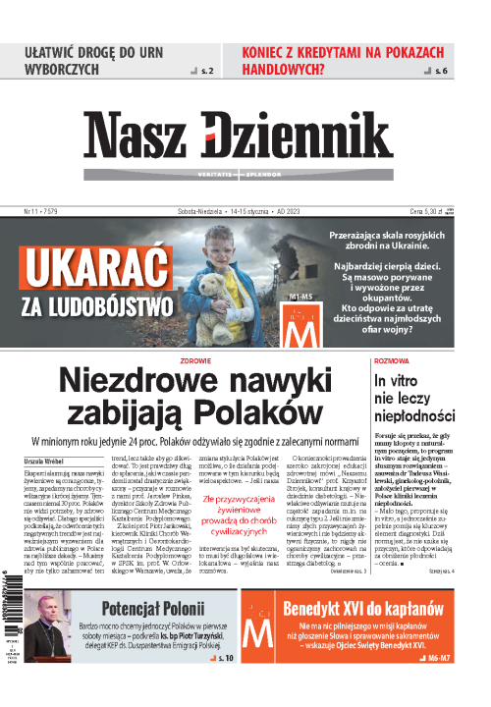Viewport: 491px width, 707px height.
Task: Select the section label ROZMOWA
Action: (x=393, y=360)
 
